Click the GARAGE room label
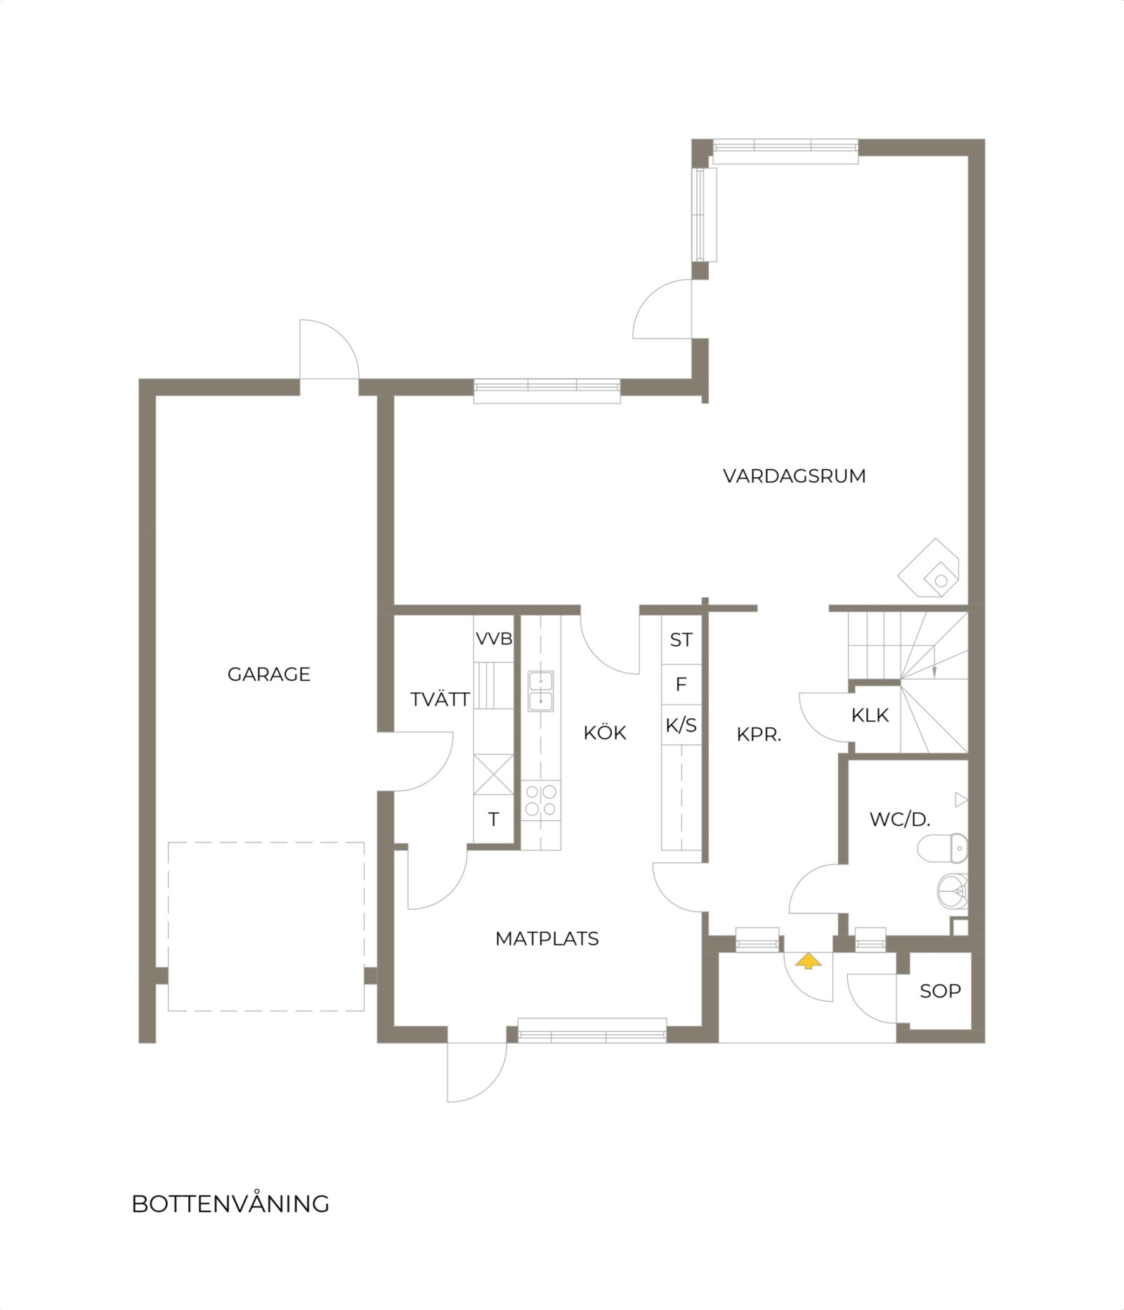(269, 674)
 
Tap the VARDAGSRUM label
(795, 476)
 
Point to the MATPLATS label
(547, 938)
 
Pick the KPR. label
(759, 735)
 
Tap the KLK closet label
(870, 715)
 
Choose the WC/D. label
(900, 819)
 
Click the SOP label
(941, 991)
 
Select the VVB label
(495, 639)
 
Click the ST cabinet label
(681, 640)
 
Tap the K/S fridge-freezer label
(681, 725)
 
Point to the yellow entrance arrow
(808, 961)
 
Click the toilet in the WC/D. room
(943, 847)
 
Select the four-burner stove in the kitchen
(541, 800)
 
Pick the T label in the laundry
(494, 819)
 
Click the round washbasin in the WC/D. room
(953, 891)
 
